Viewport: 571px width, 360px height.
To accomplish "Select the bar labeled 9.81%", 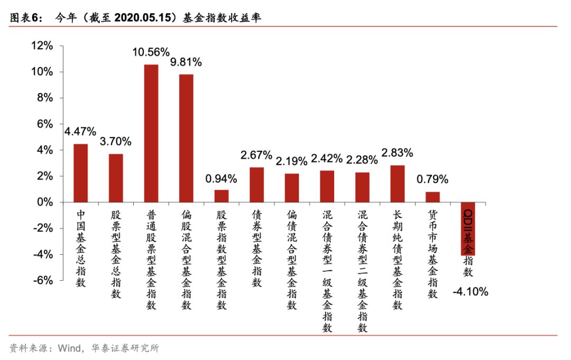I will pyautogui.click(x=186, y=138).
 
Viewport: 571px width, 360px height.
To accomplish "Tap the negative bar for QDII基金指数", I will pyautogui.click(x=468, y=228).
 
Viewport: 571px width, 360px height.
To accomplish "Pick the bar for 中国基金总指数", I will pyautogui.click(x=81, y=173).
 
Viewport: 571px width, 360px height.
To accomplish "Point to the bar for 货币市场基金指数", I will pyautogui.click(x=432, y=197).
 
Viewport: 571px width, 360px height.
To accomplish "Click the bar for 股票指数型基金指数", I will pyautogui.click(x=222, y=196).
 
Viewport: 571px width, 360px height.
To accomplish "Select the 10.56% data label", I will pyautogui.click(x=151, y=52).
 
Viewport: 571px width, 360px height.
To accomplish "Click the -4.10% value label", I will pyautogui.click(x=471, y=292).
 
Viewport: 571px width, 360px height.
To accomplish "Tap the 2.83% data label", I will pyautogui.click(x=397, y=153).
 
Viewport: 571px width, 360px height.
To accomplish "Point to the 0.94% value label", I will pyautogui.click(x=222, y=178).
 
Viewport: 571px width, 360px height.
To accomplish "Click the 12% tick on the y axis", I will pyautogui.click(x=42, y=46).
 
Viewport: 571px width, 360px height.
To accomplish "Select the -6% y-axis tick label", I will pyautogui.click(x=42, y=281).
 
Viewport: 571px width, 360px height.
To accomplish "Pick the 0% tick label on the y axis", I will pyautogui.click(x=45, y=202).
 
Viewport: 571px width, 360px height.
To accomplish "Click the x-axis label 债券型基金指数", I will pyautogui.click(x=257, y=248).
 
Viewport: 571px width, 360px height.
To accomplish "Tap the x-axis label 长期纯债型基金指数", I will pyautogui.click(x=398, y=259).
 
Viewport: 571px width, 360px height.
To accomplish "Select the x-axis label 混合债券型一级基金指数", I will pyautogui.click(x=327, y=271).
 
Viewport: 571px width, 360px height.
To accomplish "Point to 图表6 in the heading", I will pyautogui.click(x=23, y=17).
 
